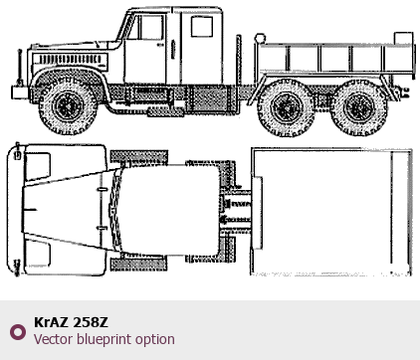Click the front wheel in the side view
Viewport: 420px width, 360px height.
69,106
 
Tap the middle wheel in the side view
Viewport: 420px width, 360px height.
286,107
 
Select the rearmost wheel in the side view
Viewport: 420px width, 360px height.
359,107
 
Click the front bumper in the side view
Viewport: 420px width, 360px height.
20,92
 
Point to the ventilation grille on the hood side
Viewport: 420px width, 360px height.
70,60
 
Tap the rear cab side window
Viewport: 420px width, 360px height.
202,27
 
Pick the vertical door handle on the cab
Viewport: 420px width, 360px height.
173,50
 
